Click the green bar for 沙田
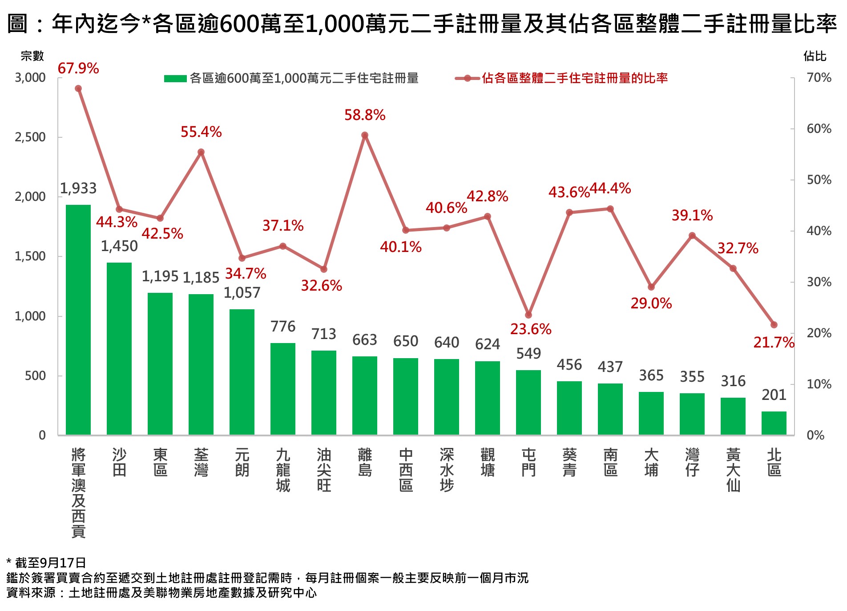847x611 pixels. pyautogui.click(x=119, y=348)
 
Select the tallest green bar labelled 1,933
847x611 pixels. pyautogui.click(x=78, y=319)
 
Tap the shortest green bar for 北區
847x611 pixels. pyautogui.click(x=774, y=423)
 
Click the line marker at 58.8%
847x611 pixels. pyautogui.click(x=365, y=136)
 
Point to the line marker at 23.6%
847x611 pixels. pyautogui.click(x=528, y=315)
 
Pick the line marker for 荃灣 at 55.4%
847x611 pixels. pyautogui.click(x=201, y=152)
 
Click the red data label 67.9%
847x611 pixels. pyautogui.click(x=78, y=68)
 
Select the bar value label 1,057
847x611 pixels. pyautogui.click(x=242, y=293)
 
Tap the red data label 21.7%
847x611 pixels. pyautogui.click(x=774, y=342)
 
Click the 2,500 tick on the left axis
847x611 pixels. pyautogui.click(x=30, y=137)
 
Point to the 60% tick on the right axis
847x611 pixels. pyautogui.click(x=819, y=129)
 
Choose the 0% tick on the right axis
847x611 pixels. pyautogui.click(x=815, y=435)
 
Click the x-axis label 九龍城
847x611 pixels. pyautogui.click(x=283, y=470)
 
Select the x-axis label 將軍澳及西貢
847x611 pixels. pyautogui.click(x=78, y=493)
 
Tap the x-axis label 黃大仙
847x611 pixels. pyautogui.click(x=733, y=470)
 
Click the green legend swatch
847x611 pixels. pyautogui.click(x=175, y=79)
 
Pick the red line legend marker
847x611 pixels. pyautogui.click(x=467, y=79)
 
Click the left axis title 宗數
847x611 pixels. pyautogui.click(x=32, y=56)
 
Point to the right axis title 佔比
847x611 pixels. pyautogui.click(x=815, y=56)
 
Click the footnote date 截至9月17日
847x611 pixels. pyautogui.click(x=50, y=563)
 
